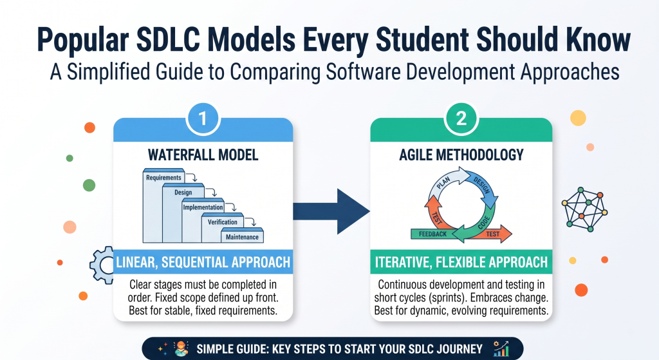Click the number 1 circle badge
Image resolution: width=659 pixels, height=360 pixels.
[x=203, y=118]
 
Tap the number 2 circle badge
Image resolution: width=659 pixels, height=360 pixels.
[x=461, y=118]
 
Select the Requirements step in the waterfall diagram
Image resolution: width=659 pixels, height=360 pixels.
[x=164, y=178]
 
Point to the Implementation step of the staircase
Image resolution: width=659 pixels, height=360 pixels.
[x=203, y=207]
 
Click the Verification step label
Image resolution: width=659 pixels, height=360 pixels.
[x=222, y=222]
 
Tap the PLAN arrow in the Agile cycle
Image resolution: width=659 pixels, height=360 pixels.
[x=445, y=182]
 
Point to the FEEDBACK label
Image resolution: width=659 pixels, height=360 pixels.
[x=433, y=234]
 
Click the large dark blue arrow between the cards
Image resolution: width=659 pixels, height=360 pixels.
[x=331, y=211]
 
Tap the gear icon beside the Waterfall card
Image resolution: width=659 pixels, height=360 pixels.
[x=102, y=265]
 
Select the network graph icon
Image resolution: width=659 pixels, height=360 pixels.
[x=584, y=209]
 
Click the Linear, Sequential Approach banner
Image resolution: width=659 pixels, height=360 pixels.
[x=203, y=262]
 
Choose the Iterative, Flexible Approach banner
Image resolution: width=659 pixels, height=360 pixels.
[x=461, y=262]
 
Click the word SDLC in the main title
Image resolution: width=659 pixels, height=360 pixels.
[x=168, y=39]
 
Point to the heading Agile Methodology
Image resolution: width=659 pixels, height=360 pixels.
[x=461, y=155]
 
